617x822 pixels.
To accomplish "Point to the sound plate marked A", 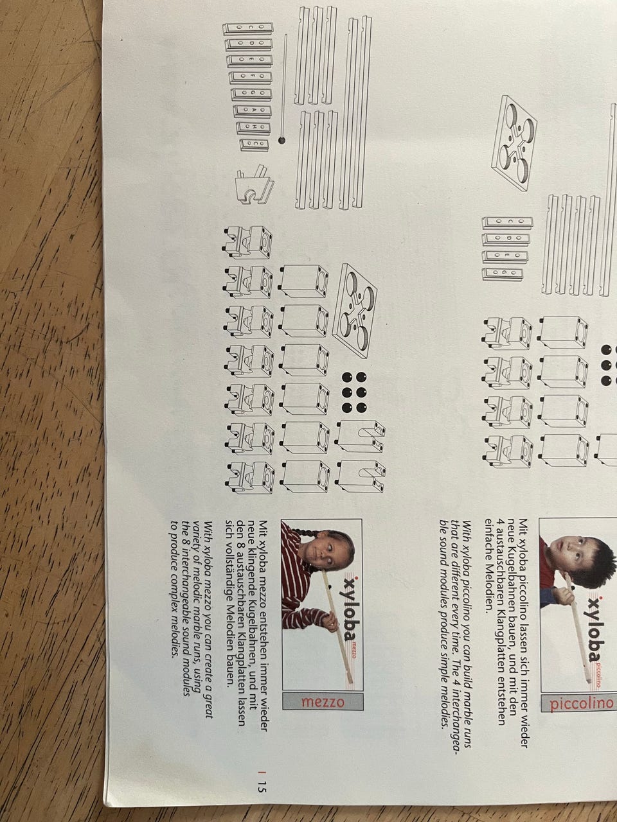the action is pos(253,110).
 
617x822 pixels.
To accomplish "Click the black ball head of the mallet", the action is pos(282,141).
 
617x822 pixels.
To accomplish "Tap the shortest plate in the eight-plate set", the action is pos(255,144).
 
